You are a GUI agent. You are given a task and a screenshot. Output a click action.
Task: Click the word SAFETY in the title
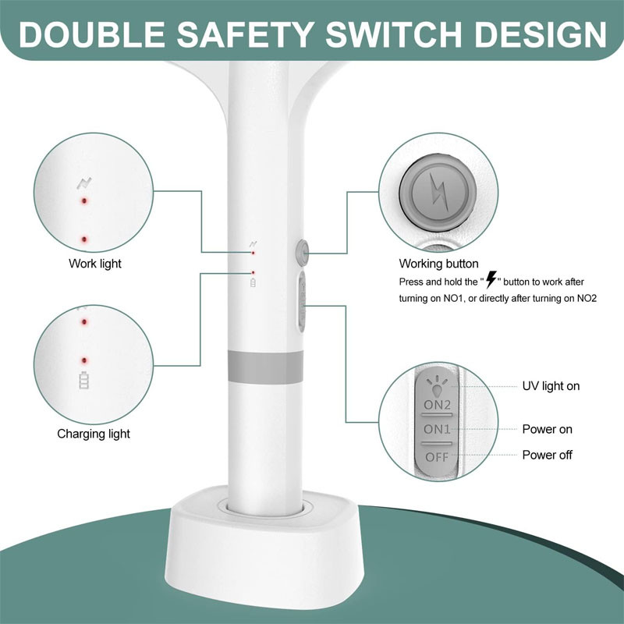[x=246, y=34]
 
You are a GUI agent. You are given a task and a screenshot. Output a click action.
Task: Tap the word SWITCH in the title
[x=394, y=34]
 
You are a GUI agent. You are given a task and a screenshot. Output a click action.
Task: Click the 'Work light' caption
[x=94, y=264]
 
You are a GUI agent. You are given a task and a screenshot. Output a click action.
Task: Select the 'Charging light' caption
[x=94, y=434]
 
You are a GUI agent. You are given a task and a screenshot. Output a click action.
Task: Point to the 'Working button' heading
[x=438, y=264]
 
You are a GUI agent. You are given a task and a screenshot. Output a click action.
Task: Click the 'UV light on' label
[x=551, y=386]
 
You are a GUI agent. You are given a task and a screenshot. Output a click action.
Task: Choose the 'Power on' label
[x=548, y=429]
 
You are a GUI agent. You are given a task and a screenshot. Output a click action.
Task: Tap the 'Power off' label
[x=548, y=455]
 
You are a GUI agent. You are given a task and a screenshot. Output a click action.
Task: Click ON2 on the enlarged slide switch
[x=437, y=405]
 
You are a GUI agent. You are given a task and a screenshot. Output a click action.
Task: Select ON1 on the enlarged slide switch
[x=437, y=429]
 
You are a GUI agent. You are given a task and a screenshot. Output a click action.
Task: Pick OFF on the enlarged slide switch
[x=437, y=457]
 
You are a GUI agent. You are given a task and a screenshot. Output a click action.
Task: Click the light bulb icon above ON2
[x=437, y=387]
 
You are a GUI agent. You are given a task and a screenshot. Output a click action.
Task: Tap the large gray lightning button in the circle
[x=438, y=192]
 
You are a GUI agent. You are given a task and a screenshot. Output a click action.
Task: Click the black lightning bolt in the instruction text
[x=491, y=279]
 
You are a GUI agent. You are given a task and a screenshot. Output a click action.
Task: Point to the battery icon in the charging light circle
[x=84, y=380]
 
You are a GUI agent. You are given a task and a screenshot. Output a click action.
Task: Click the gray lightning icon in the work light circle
[x=84, y=183]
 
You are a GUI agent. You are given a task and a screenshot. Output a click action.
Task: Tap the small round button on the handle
[x=303, y=253]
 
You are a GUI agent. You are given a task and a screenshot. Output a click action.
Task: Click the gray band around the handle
[x=265, y=367]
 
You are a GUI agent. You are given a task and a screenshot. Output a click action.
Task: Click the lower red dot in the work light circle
[x=84, y=239]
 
